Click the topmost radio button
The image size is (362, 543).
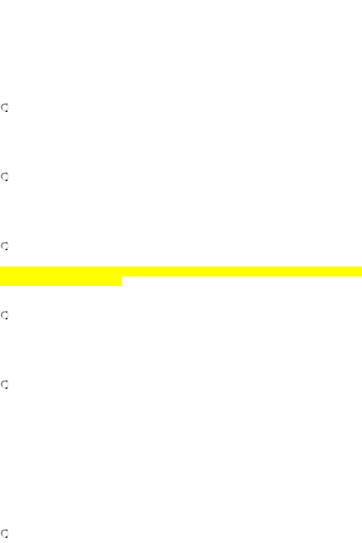point(5,108)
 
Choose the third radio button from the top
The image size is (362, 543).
point(5,246)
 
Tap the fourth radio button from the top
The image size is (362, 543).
point(5,315)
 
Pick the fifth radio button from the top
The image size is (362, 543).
point(5,385)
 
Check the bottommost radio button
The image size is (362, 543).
point(5,533)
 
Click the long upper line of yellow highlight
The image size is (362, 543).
point(181,271)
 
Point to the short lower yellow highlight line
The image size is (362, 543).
point(61,282)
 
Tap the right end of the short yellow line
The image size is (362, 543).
point(121,282)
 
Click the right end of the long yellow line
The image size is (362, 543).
point(360,271)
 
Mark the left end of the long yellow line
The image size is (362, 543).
point(1,271)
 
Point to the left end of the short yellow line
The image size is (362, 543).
point(1,282)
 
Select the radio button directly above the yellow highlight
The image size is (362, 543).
point(5,246)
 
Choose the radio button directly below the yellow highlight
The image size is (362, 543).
point(5,315)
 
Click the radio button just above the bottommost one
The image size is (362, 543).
point(5,385)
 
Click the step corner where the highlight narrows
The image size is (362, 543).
point(122,277)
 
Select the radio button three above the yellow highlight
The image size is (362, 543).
point(5,108)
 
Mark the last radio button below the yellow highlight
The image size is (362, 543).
point(5,533)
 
